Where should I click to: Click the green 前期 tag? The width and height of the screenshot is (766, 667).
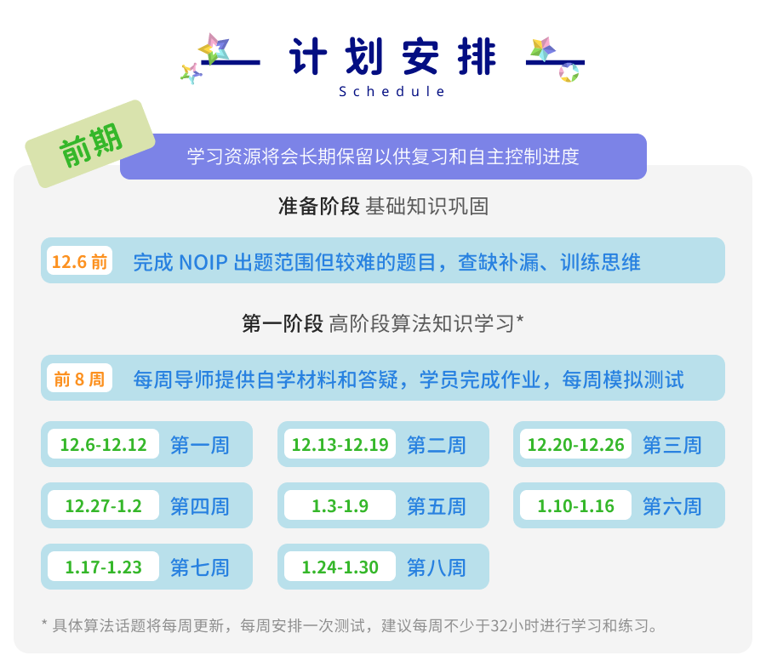[90, 144]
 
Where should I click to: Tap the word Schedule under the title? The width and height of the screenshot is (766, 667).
[392, 92]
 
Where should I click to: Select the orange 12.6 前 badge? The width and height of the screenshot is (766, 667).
[80, 261]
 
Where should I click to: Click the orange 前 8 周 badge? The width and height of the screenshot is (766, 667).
[80, 379]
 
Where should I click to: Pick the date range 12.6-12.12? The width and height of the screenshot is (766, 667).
[104, 444]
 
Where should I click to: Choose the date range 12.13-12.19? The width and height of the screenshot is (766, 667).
[340, 444]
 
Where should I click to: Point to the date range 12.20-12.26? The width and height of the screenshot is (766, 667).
[576, 444]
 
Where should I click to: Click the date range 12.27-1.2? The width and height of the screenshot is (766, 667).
[104, 505]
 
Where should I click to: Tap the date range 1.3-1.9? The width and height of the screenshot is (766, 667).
[340, 505]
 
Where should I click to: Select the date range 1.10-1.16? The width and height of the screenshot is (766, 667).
[576, 505]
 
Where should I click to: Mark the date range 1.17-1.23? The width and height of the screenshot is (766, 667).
[104, 567]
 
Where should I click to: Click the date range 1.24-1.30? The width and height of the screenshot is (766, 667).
[340, 567]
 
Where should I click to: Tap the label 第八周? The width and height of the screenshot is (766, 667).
[437, 567]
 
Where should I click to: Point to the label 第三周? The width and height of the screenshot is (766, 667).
[672, 445]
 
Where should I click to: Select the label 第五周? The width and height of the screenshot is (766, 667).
[437, 506]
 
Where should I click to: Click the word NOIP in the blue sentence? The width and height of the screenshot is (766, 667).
[203, 263]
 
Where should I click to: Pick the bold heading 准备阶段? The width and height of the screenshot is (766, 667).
[319, 206]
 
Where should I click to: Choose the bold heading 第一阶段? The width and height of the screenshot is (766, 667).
[283, 323]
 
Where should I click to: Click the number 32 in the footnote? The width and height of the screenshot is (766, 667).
[499, 625]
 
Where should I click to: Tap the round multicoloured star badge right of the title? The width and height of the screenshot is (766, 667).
[569, 73]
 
